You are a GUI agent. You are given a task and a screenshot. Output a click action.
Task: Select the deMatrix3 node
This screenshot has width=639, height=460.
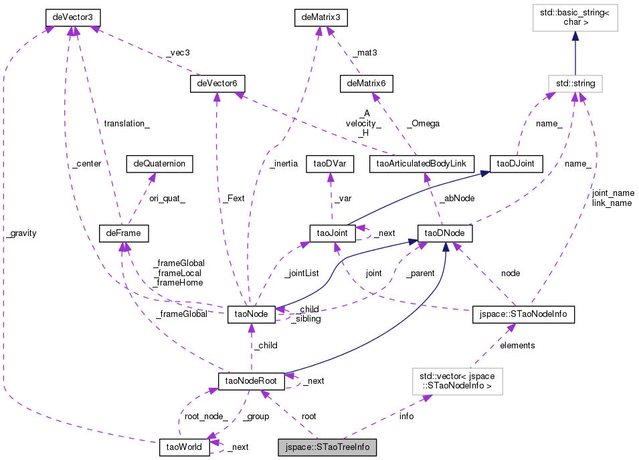(x=323, y=15)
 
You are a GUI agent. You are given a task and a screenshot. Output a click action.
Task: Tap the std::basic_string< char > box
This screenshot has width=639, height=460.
(x=575, y=18)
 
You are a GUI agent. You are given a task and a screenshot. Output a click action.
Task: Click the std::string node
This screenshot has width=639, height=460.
(x=575, y=84)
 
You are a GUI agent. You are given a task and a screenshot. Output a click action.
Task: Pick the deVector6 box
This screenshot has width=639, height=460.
(x=217, y=84)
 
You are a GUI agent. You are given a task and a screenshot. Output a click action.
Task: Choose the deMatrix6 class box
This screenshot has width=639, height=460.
(x=366, y=84)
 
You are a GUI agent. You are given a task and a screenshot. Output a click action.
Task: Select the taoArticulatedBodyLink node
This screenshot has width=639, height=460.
(x=422, y=163)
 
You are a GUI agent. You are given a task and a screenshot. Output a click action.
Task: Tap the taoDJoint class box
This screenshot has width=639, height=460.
(x=515, y=163)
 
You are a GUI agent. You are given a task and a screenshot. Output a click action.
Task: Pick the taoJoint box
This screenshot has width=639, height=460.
(x=331, y=233)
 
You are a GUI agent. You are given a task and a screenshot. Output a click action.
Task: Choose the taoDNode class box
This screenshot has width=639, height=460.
(x=445, y=233)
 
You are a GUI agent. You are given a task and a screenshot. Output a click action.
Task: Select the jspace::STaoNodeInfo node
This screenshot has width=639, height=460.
(x=523, y=313)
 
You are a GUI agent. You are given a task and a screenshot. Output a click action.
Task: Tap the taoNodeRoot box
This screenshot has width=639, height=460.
(x=252, y=380)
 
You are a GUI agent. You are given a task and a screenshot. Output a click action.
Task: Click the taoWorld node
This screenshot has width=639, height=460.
(x=184, y=447)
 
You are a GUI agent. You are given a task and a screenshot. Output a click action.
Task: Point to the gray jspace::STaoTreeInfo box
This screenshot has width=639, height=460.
(x=327, y=447)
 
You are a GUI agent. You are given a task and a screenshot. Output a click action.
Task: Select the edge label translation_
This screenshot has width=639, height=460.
(x=126, y=124)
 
